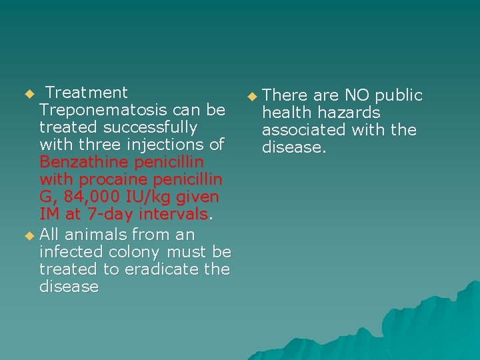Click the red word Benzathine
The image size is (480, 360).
coord(84,162)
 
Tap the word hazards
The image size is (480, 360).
coord(349,113)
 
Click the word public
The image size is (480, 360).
coord(399,95)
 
